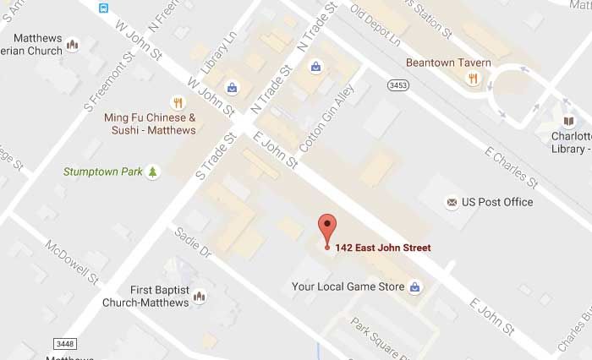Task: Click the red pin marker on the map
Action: (327, 228)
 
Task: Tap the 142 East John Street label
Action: (382, 248)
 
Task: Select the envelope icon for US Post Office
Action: (452, 202)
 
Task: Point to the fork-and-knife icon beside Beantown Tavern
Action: (474, 78)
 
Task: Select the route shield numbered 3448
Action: (63, 343)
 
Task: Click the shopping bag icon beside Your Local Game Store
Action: (415, 287)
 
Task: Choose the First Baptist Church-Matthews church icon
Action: (200, 296)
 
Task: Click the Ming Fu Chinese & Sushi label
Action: (150, 123)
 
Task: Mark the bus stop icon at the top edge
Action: (103, 8)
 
